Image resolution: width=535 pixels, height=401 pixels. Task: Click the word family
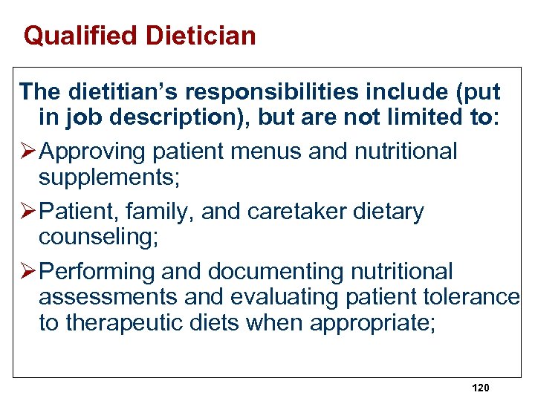coord(158,212)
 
